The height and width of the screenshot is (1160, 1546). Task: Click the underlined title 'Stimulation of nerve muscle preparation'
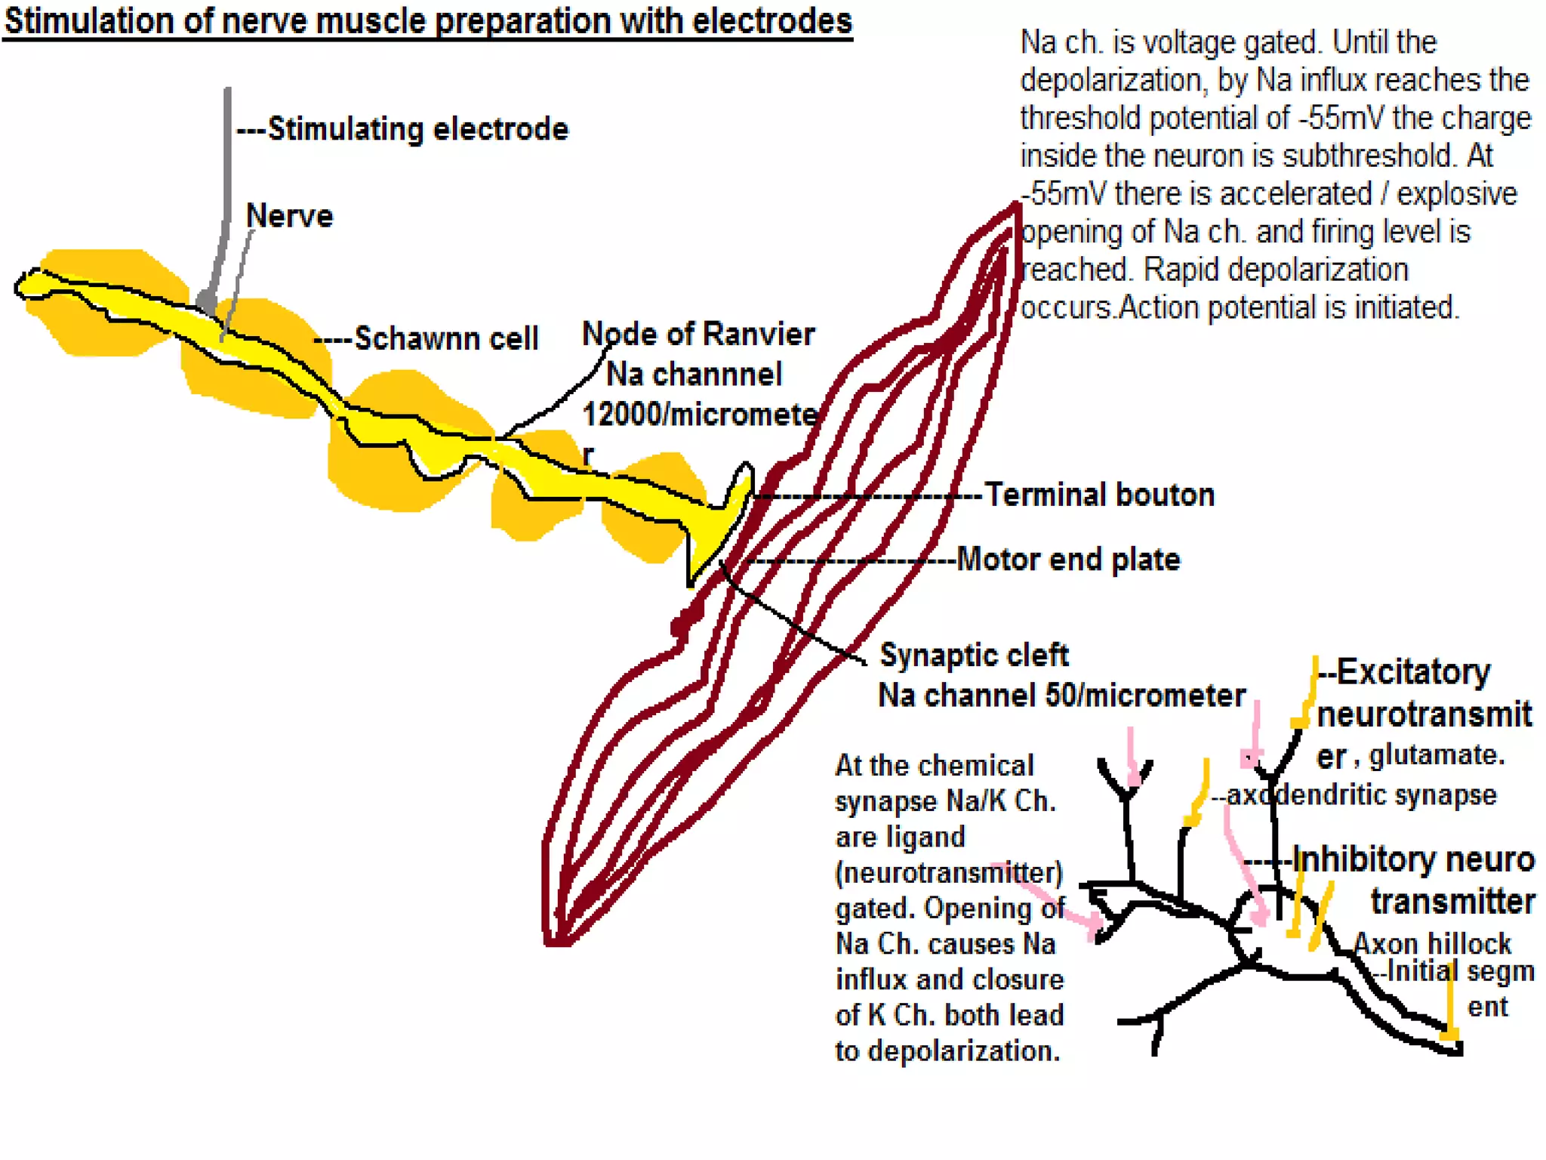pos(428,21)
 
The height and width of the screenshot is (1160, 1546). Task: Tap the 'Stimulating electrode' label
pos(417,129)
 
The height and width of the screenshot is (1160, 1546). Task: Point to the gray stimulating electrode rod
pos(226,189)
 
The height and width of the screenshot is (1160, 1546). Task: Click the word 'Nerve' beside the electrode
pos(289,216)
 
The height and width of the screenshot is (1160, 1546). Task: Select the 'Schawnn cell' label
pos(446,338)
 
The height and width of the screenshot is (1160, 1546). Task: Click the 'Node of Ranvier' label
pos(698,334)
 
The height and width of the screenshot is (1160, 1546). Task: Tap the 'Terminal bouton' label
pos(1099,495)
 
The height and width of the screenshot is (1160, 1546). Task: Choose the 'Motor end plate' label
pos(1067,560)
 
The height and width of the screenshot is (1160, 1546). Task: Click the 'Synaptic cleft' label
pos(974,655)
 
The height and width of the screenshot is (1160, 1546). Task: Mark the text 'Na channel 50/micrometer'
pos(1061,696)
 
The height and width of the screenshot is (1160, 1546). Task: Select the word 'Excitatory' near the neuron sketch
pos(1413,672)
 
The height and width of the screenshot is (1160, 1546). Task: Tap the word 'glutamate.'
pos(1437,754)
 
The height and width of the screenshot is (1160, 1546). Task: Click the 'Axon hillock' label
pos(1432,943)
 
